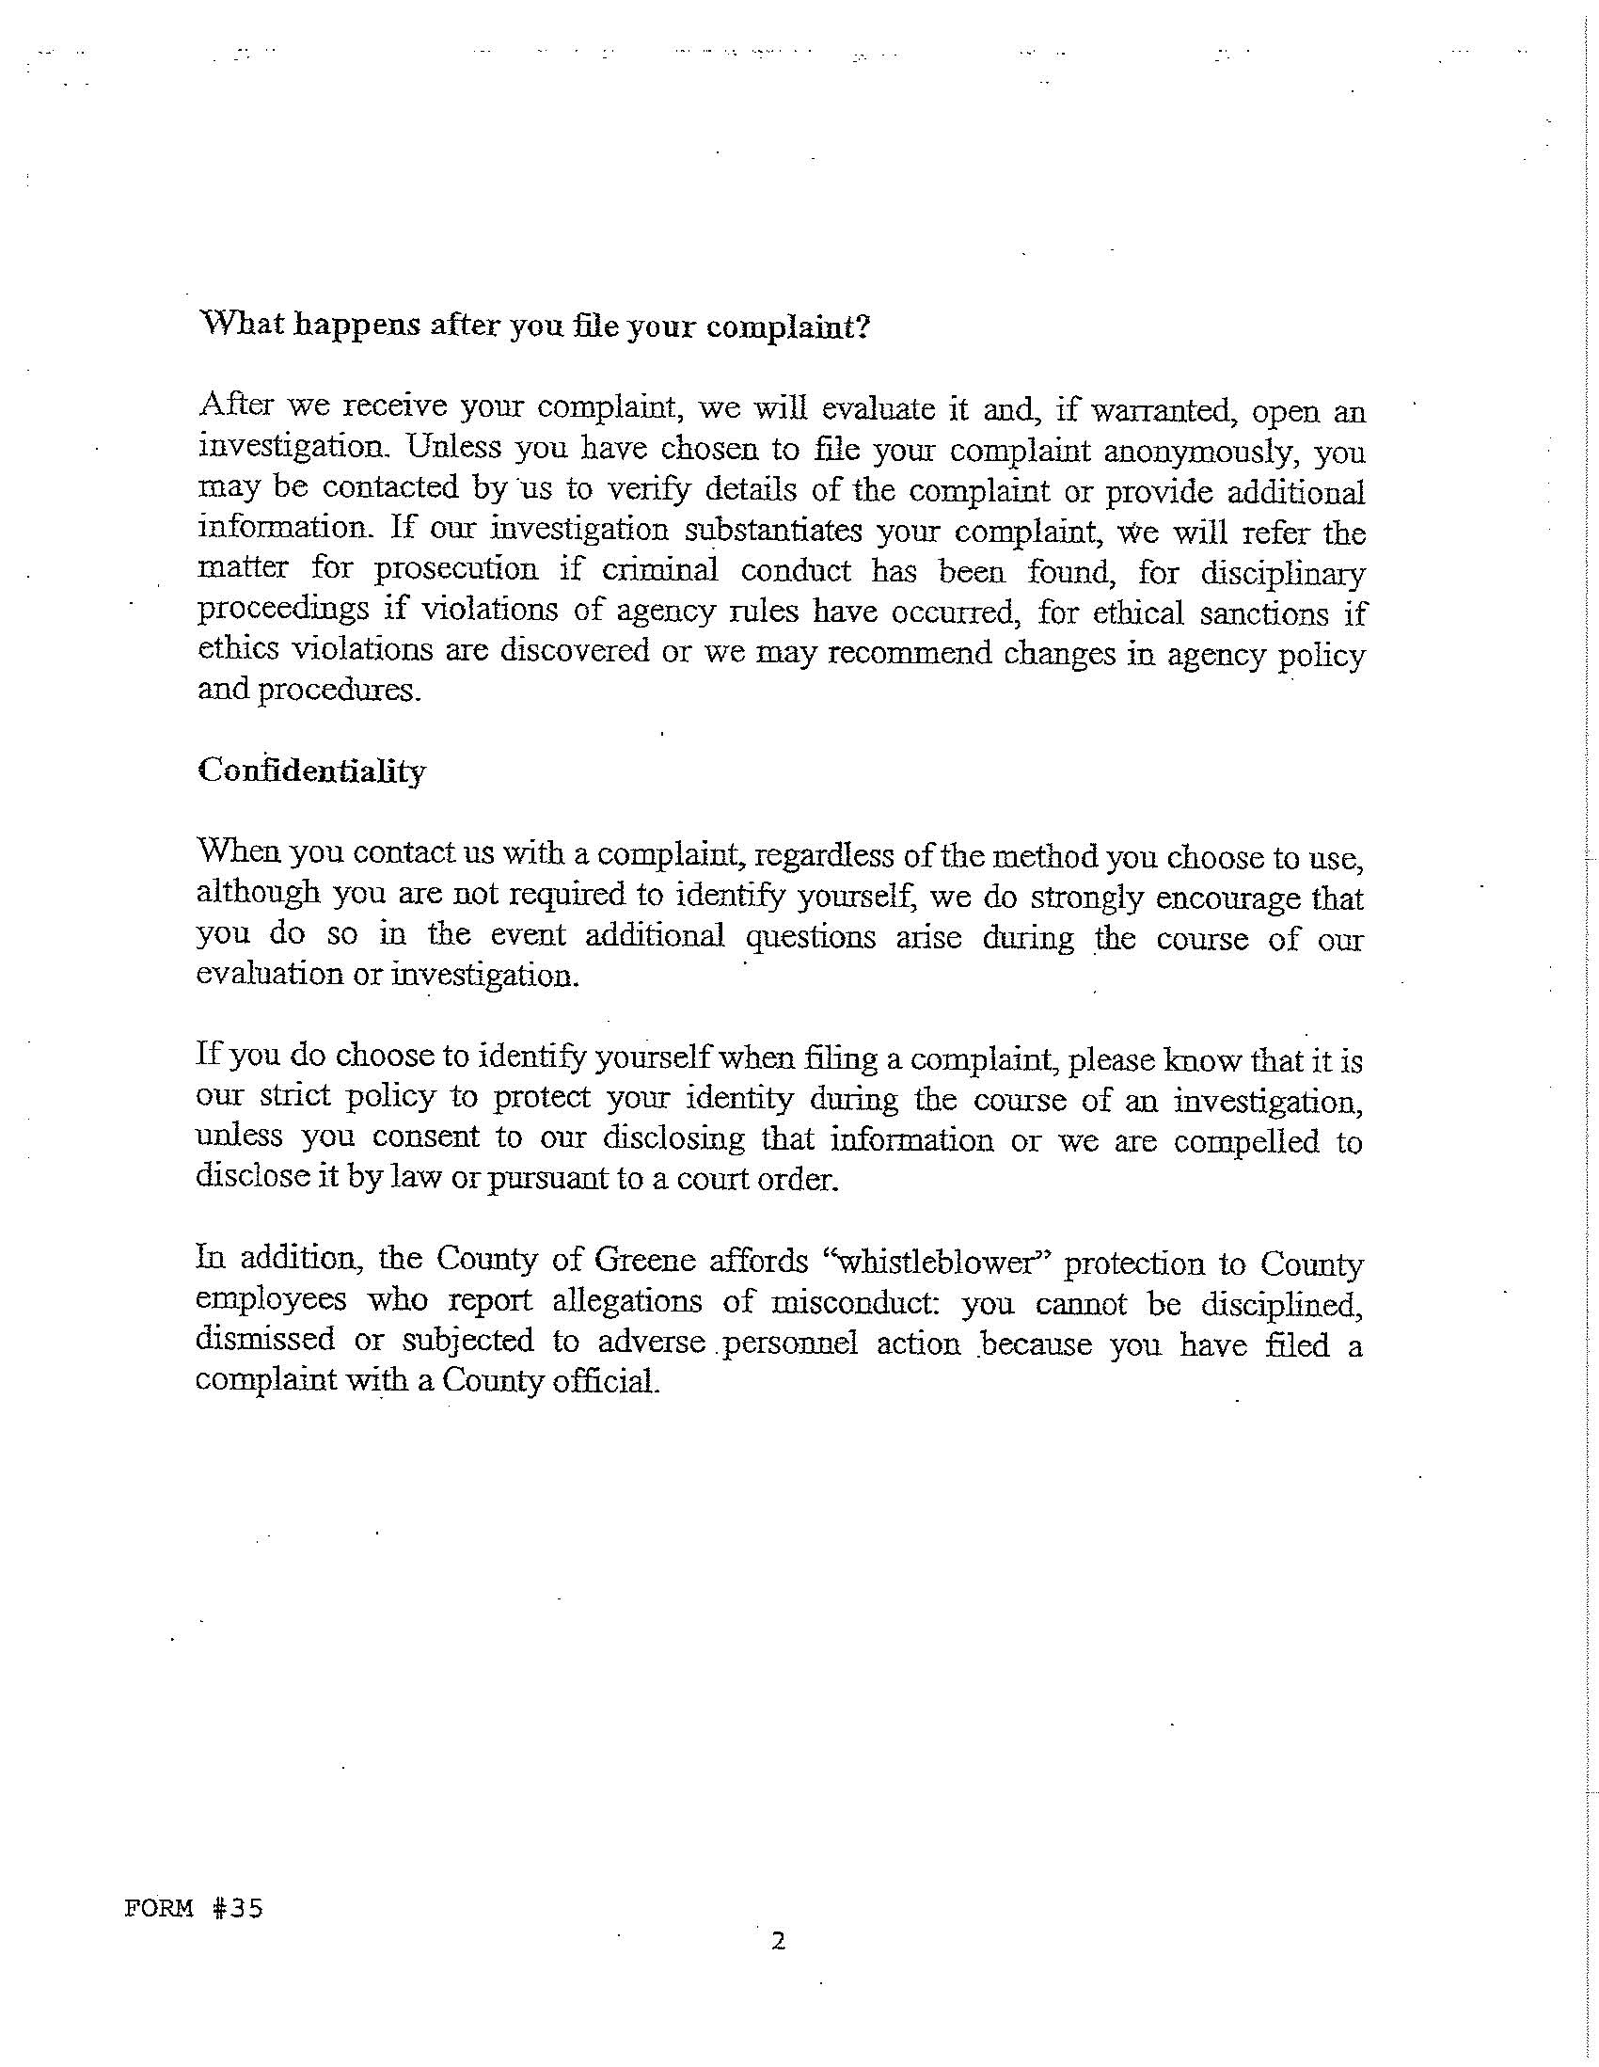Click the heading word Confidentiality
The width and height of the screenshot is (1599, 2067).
pos(311,772)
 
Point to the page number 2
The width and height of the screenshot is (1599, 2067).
pos(778,1942)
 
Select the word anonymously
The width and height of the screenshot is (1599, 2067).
pos(1206,452)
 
